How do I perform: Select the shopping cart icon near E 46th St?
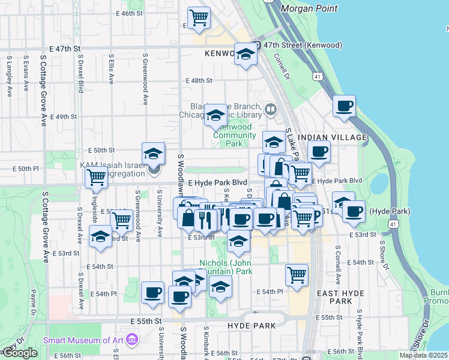point(199,17)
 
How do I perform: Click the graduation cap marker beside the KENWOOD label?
point(246,55)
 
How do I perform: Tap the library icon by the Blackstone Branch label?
point(271,109)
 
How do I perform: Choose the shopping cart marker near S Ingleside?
point(96,177)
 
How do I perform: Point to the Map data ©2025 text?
point(424,355)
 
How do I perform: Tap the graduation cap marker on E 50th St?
point(154,154)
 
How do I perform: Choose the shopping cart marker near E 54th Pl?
point(297,274)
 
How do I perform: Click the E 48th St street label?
point(199,80)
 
